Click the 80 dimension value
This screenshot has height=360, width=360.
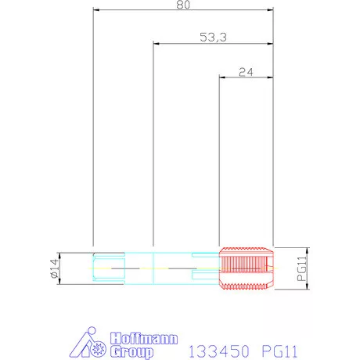coord(183,5)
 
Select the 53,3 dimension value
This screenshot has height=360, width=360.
coord(213,37)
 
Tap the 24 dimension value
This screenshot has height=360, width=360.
coord(246,72)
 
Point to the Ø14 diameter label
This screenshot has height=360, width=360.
coord(54,268)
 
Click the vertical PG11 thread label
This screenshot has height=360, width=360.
coord(302,268)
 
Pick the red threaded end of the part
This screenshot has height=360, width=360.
coord(247,268)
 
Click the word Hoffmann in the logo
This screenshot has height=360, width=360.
coord(144,339)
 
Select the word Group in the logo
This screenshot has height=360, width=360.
coord(131,351)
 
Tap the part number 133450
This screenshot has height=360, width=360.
coord(218,351)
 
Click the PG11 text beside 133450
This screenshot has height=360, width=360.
coord(279,351)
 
